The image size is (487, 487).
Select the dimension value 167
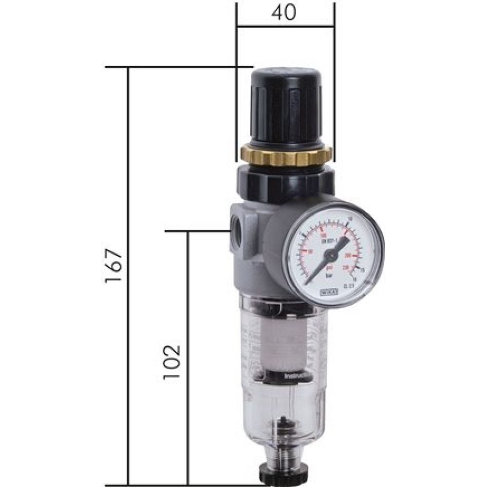click(113, 267)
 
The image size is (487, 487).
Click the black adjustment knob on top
click(285, 104)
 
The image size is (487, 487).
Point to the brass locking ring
click(286, 155)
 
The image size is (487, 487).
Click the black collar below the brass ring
click(285, 180)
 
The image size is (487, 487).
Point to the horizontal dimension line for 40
click(285, 26)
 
